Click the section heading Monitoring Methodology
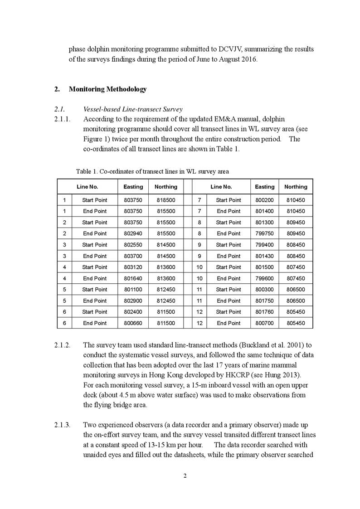click(107, 89)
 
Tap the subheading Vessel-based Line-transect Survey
click(133, 109)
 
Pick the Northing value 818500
click(165, 200)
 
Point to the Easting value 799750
click(264, 234)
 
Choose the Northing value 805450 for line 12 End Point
click(296, 324)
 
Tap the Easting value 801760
click(264, 312)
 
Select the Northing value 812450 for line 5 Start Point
click(165, 290)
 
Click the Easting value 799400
click(264, 245)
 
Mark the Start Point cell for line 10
click(229, 267)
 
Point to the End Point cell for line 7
click(229, 211)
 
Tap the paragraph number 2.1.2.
click(62, 345)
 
